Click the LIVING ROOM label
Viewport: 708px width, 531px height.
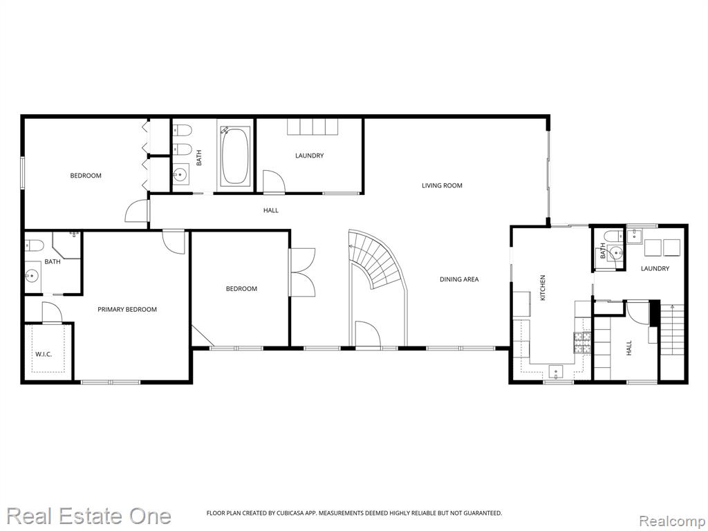click(442, 185)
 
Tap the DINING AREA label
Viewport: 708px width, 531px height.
click(459, 279)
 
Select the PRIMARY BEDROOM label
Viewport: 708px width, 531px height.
click(127, 309)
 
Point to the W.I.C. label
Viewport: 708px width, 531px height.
click(44, 354)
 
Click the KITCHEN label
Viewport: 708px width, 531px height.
click(543, 288)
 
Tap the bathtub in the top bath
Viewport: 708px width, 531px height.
click(235, 156)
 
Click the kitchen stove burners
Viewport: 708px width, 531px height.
click(582, 342)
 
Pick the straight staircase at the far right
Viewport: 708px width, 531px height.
click(672, 330)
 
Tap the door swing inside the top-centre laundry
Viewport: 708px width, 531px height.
click(274, 182)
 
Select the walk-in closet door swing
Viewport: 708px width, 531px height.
click(51, 313)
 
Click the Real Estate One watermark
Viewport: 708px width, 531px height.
click(89, 516)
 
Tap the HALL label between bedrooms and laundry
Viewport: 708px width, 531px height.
click(271, 210)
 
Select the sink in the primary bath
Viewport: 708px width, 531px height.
click(32, 274)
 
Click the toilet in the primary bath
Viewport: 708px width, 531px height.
click(34, 245)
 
